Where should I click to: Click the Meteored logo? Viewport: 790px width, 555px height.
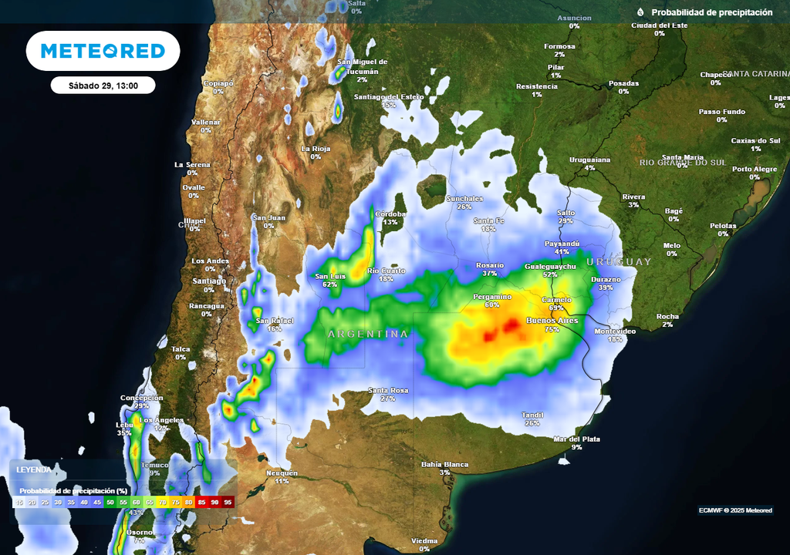pos(103,51)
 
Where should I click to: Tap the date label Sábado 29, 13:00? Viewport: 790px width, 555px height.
pos(103,86)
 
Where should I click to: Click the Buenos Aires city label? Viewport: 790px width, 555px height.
pos(552,320)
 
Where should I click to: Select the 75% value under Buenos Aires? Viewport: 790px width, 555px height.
pos(552,329)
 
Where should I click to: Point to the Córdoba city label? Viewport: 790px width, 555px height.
pos(390,214)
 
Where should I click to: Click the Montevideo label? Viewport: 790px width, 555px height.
pos(615,331)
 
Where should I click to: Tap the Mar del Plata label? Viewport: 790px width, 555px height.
pos(576,439)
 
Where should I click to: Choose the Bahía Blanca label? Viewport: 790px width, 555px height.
pos(444,464)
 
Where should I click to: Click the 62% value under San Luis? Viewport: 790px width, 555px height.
pos(330,284)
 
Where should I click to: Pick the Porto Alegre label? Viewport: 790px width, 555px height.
pos(755,169)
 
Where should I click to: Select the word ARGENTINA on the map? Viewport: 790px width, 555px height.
pos(368,334)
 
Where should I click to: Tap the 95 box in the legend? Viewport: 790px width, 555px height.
pos(228,502)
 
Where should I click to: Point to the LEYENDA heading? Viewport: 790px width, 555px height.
pos(34,469)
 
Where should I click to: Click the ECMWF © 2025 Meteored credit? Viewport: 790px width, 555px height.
pos(735,510)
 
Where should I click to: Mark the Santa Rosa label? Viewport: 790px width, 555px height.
pos(387,390)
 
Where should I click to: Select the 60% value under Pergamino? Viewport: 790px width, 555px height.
pos(492,304)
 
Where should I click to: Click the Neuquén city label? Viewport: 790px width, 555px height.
pos(282,473)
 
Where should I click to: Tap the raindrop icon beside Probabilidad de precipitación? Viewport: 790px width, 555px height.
pos(640,12)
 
